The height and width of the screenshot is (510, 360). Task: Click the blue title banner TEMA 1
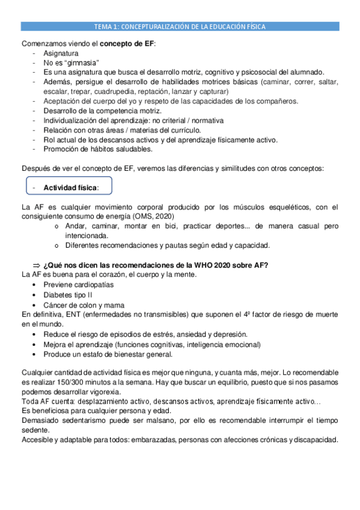click(180, 26)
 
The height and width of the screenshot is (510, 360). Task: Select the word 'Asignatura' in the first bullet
click(61, 54)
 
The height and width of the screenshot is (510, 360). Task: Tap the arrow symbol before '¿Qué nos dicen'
click(35, 265)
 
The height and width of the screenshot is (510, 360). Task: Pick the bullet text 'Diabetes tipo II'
click(68, 295)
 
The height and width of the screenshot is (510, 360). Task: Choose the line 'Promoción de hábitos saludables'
click(98, 149)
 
